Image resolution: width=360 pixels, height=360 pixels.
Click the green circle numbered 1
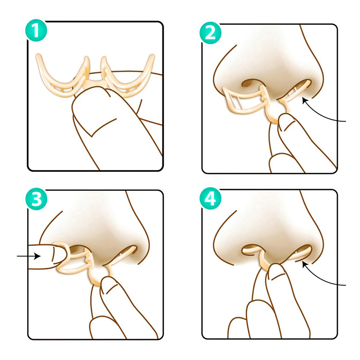pos(36,31)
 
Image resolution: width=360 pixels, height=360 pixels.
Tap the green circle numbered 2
pos(210,33)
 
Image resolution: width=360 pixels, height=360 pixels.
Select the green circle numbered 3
pos(36,199)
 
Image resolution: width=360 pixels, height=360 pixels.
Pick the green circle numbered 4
pos(210,198)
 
